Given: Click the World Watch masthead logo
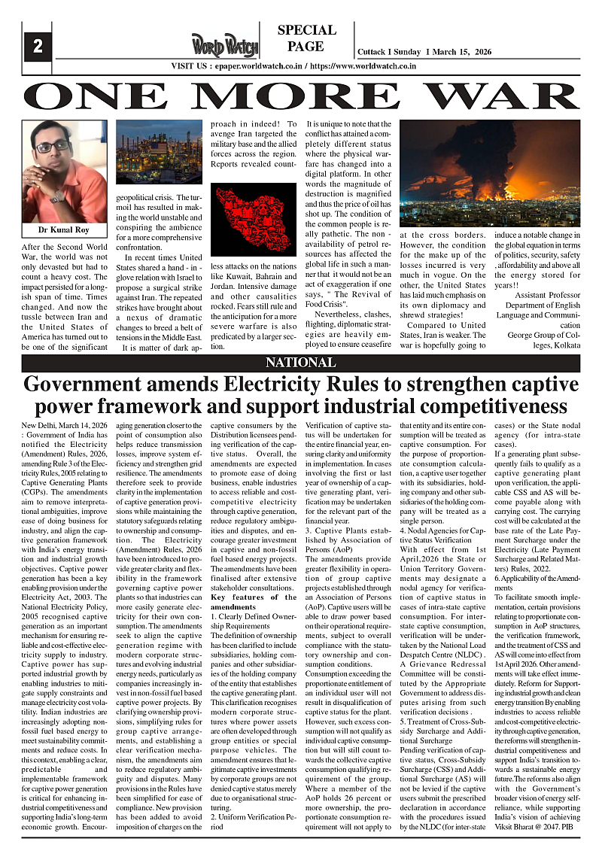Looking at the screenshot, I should pyautogui.click(x=224, y=44).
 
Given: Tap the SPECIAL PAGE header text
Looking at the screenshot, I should pyautogui.click(x=306, y=38).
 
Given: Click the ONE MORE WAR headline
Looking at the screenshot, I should pyautogui.click(x=301, y=96).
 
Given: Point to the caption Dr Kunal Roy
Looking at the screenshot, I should pyautogui.click(x=64, y=229).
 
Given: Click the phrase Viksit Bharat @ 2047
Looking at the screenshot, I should pyautogui.click(x=531, y=825).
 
